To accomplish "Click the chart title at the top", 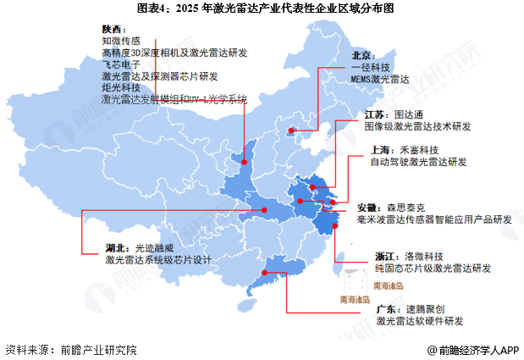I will (262, 9).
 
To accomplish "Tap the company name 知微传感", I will (121, 40).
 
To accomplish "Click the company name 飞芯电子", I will (121, 64).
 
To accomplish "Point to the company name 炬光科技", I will (121, 87).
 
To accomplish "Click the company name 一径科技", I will (372, 66).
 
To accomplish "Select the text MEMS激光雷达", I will (381, 78).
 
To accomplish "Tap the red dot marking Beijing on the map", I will (292, 130).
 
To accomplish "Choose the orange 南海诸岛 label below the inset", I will (357, 299).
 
